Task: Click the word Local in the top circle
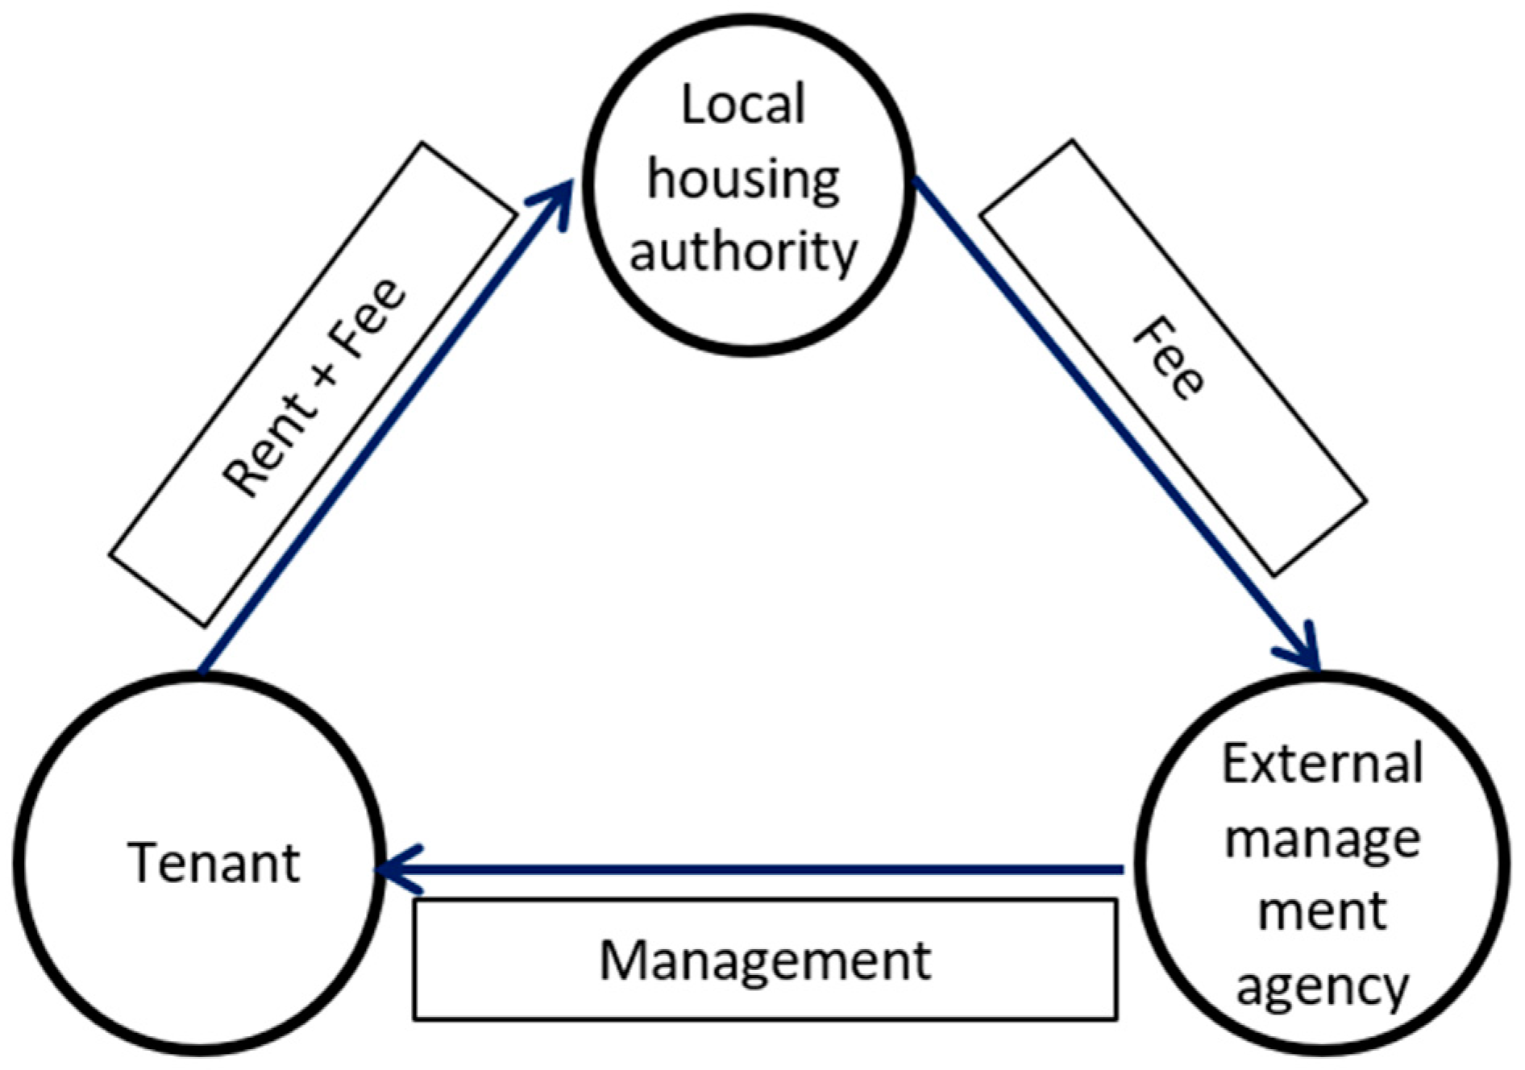(743, 106)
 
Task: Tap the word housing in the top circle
(743, 180)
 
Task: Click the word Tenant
(214, 863)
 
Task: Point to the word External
(1323, 764)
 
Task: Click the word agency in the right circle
(1323, 986)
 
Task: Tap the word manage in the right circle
(1323, 840)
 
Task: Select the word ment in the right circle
(1323, 911)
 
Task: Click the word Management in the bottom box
(765, 960)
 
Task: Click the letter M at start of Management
(623, 960)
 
